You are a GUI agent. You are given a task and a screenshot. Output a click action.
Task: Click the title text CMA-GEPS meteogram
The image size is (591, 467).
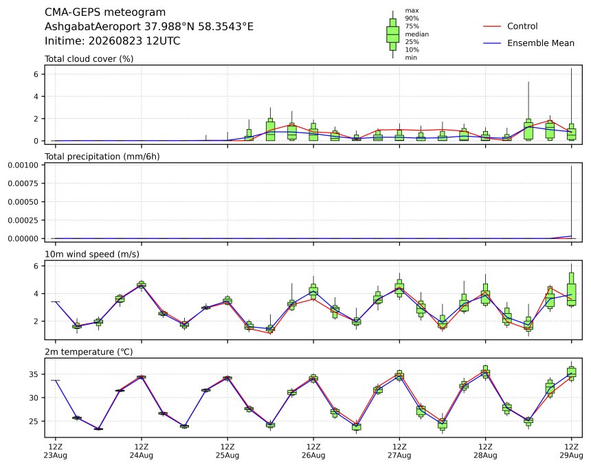105,12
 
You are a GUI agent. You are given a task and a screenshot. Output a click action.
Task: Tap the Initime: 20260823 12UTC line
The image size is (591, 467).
112,41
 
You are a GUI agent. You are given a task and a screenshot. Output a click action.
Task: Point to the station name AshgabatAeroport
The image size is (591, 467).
93,27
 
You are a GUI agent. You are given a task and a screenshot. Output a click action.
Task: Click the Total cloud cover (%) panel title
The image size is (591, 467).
89,59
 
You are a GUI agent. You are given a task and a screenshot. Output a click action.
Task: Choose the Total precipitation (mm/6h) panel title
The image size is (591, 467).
102,157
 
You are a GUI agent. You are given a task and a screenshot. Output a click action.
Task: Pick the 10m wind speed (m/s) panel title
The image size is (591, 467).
92,254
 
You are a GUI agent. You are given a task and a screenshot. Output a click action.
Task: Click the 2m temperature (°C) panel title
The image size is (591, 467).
89,352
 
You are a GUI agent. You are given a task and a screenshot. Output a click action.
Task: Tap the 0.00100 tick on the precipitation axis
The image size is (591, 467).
23,165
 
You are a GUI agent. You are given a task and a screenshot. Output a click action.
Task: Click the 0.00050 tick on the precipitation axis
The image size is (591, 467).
23,202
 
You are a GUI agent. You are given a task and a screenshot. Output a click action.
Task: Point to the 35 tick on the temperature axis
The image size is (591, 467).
34,374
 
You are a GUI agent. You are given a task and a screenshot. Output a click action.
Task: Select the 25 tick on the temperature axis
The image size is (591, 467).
34,421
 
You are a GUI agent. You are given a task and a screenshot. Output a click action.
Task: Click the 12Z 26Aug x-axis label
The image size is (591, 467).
313,451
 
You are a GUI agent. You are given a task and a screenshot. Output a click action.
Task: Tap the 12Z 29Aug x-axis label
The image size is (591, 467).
571,451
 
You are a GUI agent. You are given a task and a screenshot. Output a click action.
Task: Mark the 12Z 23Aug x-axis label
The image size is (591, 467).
56,451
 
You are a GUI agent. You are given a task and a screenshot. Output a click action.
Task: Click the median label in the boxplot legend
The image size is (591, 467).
417,34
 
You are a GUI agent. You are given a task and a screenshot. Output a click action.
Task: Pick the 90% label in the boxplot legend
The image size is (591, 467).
412,18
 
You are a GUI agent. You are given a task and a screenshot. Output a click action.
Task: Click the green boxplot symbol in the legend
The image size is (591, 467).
393,34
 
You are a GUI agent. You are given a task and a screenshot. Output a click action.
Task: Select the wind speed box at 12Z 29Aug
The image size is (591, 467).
571,289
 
